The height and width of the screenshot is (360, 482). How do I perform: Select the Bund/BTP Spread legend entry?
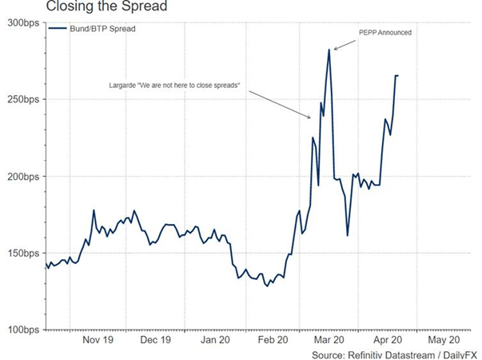(x=98, y=30)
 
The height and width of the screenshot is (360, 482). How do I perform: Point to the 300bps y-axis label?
(x=23, y=22)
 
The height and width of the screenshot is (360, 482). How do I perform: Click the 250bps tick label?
(x=23, y=99)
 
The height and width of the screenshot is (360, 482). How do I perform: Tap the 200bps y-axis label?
(x=23, y=176)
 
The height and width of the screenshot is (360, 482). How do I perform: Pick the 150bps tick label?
(x=23, y=253)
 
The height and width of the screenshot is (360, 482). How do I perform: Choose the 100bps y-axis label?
(x=23, y=330)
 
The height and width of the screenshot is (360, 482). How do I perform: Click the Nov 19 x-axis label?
(x=99, y=339)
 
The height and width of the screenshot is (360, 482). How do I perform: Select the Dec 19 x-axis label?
(x=157, y=339)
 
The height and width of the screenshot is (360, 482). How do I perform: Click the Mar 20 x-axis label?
(x=331, y=339)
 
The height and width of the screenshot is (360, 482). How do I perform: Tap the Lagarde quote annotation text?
(x=173, y=84)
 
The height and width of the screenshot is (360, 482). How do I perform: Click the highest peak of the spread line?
(x=329, y=50)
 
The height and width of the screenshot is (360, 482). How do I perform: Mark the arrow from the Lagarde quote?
(x=280, y=103)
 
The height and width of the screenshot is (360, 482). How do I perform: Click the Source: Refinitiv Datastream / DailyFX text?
(x=392, y=353)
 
